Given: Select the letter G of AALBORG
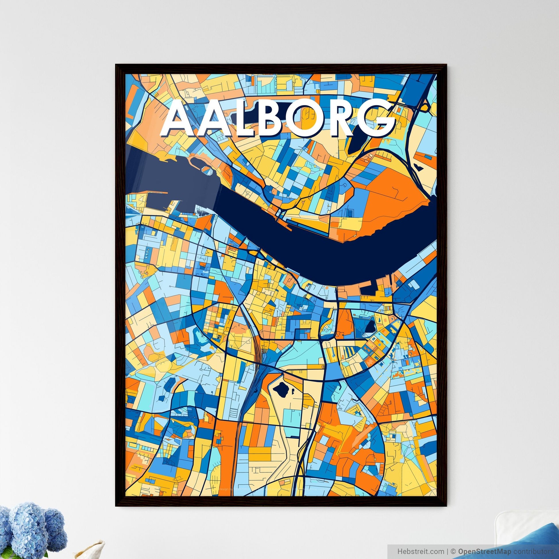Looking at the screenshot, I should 376,119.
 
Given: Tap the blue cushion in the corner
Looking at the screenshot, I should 521,547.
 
